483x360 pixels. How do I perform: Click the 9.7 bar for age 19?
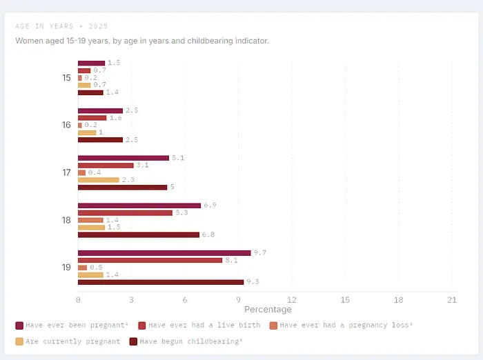pyautogui.click(x=164, y=253)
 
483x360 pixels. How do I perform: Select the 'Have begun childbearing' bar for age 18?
pyautogui.click(x=139, y=235)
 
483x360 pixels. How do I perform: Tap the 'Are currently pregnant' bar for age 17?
pyautogui.click(x=99, y=180)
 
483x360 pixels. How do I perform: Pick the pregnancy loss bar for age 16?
pyautogui.click(x=80, y=125)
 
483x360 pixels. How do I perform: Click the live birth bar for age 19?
pyautogui.click(x=150, y=260)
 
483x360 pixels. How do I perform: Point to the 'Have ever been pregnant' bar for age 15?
pyautogui.click(x=92, y=63)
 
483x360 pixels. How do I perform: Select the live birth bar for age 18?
pyautogui.click(x=125, y=213)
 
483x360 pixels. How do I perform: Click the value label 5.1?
pyautogui.click(x=178, y=158)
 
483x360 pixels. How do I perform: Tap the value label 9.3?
pyautogui.click(x=253, y=282)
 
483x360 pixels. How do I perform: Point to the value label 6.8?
pyautogui.click(x=208, y=234)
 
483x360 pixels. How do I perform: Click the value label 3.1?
pyautogui.click(x=143, y=166)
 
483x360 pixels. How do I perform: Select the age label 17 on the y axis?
pyautogui.click(x=66, y=172)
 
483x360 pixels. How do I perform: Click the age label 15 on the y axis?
pyautogui.click(x=66, y=78)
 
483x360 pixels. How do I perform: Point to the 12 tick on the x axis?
pyautogui.click(x=292, y=300)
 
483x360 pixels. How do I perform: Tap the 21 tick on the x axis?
pyautogui.click(x=452, y=300)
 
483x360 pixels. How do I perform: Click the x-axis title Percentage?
pyautogui.click(x=268, y=310)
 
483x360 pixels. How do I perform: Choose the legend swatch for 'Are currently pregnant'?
pyautogui.click(x=19, y=341)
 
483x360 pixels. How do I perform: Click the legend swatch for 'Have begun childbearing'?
pyautogui.click(x=133, y=341)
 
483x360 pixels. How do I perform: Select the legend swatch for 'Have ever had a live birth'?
pyautogui.click(x=142, y=326)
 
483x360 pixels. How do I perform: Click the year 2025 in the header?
pyautogui.click(x=98, y=26)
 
